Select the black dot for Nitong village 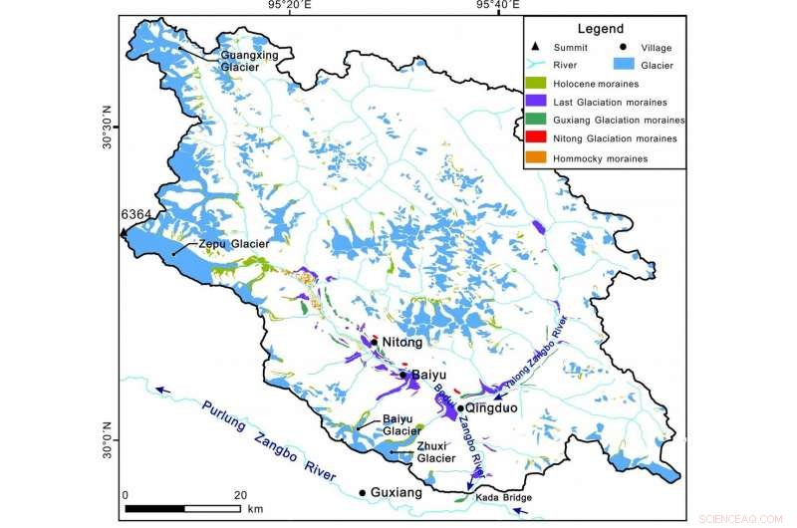pyautogui.click(x=375, y=342)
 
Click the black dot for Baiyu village pyautogui.click(x=403, y=376)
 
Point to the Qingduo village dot pyautogui.click(x=461, y=408)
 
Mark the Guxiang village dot pyautogui.click(x=363, y=492)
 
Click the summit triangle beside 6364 pyautogui.click(x=124, y=232)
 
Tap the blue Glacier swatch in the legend pyautogui.click(x=625, y=65)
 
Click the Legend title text pyautogui.click(x=601, y=29)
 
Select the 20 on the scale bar pyautogui.click(x=240, y=495)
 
